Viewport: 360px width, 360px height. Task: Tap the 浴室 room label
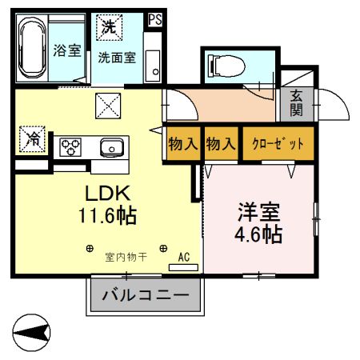(x=67, y=50)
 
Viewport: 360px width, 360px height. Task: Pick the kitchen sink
(x=111, y=146)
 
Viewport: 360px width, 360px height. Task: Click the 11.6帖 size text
(x=106, y=214)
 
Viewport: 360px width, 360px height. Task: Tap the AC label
(x=183, y=258)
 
